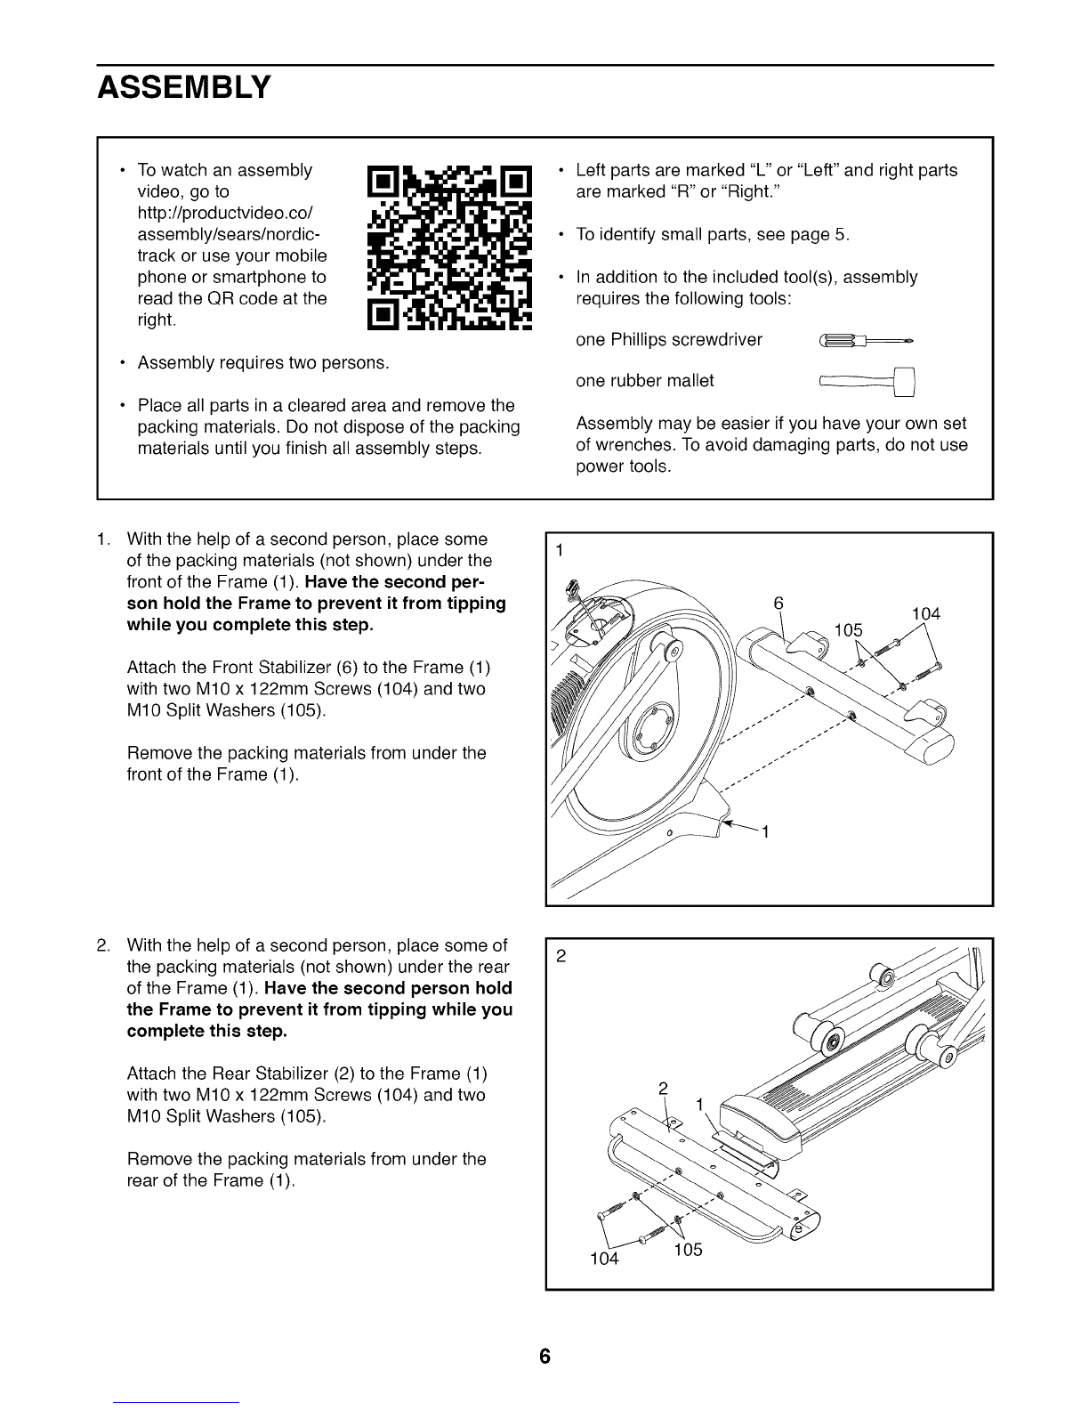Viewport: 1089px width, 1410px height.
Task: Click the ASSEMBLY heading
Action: click(x=184, y=87)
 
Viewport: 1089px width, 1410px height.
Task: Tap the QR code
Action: click(x=449, y=247)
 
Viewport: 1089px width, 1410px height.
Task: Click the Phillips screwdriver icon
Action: click(x=866, y=340)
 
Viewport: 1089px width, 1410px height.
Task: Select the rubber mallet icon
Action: click(x=867, y=382)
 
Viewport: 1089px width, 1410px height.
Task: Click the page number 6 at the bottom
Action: click(x=544, y=1356)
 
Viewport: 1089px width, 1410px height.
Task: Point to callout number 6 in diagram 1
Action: click(x=778, y=604)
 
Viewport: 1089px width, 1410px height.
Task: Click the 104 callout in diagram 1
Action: click(x=925, y=614)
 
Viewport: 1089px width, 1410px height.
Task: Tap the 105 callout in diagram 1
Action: click(x=849, y=630)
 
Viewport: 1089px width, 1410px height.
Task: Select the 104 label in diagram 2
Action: click(x=604, y=1259)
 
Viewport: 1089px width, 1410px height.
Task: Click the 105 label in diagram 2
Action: click(x=688, y=1250)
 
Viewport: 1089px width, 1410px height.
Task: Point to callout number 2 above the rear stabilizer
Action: click(x=663, y=1089)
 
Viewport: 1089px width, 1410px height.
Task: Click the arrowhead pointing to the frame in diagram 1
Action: click(x=726, y=822)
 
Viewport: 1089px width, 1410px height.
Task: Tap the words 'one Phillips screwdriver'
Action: click(x=669, y=340)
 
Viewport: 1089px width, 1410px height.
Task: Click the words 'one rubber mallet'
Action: click(x=645, y=381)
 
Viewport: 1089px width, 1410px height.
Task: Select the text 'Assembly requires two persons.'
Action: click(x=263, y=362)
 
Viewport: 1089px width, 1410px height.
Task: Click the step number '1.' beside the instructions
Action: click(x=104, y=539)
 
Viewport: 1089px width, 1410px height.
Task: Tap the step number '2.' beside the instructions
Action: click(x=104, y=945)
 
